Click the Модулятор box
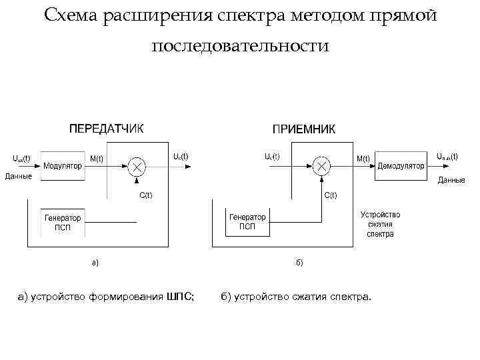pyautogui.click(x=63, y=166)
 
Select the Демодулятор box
pyautogui.click(x=401, y=166)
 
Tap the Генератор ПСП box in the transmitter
pyautogui.click(x=63, y=222)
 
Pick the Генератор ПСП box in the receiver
pyautogui.click(x=247, y=222)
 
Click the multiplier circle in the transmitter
pyautogui.click(x=137, y=166)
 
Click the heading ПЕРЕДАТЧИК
pyautogui.click(x=106, y=128)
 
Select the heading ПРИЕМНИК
pyautogui.click(x=304, y=128)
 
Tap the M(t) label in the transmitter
pyautogui.click(x=96, y=158)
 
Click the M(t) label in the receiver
pyautogui.click(x=363, y=158)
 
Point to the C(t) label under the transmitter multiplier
pyautogui.click(x=145, y=195)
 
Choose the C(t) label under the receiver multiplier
pyautogui.click(x=330, y=195)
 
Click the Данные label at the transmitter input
pyautogui.click(x=18, y=176)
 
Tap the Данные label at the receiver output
pyautogui.click(x=451, y=180)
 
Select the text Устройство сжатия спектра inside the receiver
pyautogui.click(x=380, y=225)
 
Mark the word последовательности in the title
pyautogui.click(x=240, y=46)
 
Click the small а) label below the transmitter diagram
pyautogui.click(x=95, y=262)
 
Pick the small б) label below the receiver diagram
pyautogui.click(x=299, y=262)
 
